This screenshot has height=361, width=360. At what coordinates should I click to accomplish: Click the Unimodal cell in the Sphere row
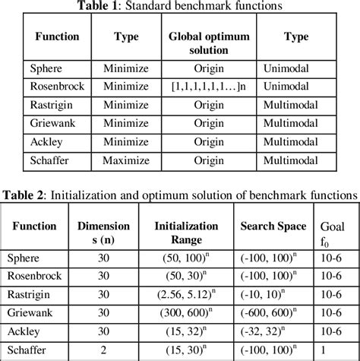click(290, 68)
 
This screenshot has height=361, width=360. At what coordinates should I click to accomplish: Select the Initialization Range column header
click(186, 233)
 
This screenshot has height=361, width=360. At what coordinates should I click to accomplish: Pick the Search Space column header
click(274, 226)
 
